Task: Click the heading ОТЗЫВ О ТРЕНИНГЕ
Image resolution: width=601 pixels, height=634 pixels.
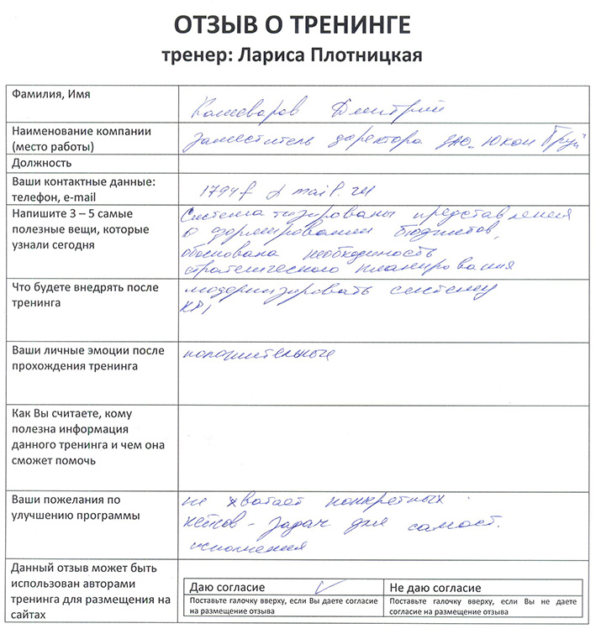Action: (x=292, y=25)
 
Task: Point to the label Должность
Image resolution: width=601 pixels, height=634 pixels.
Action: (x=42, y=162)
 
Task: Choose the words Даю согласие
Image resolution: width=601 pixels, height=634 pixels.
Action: (x=229, y=588)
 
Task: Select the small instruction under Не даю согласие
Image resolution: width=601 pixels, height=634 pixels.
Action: (x=484, y=606)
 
